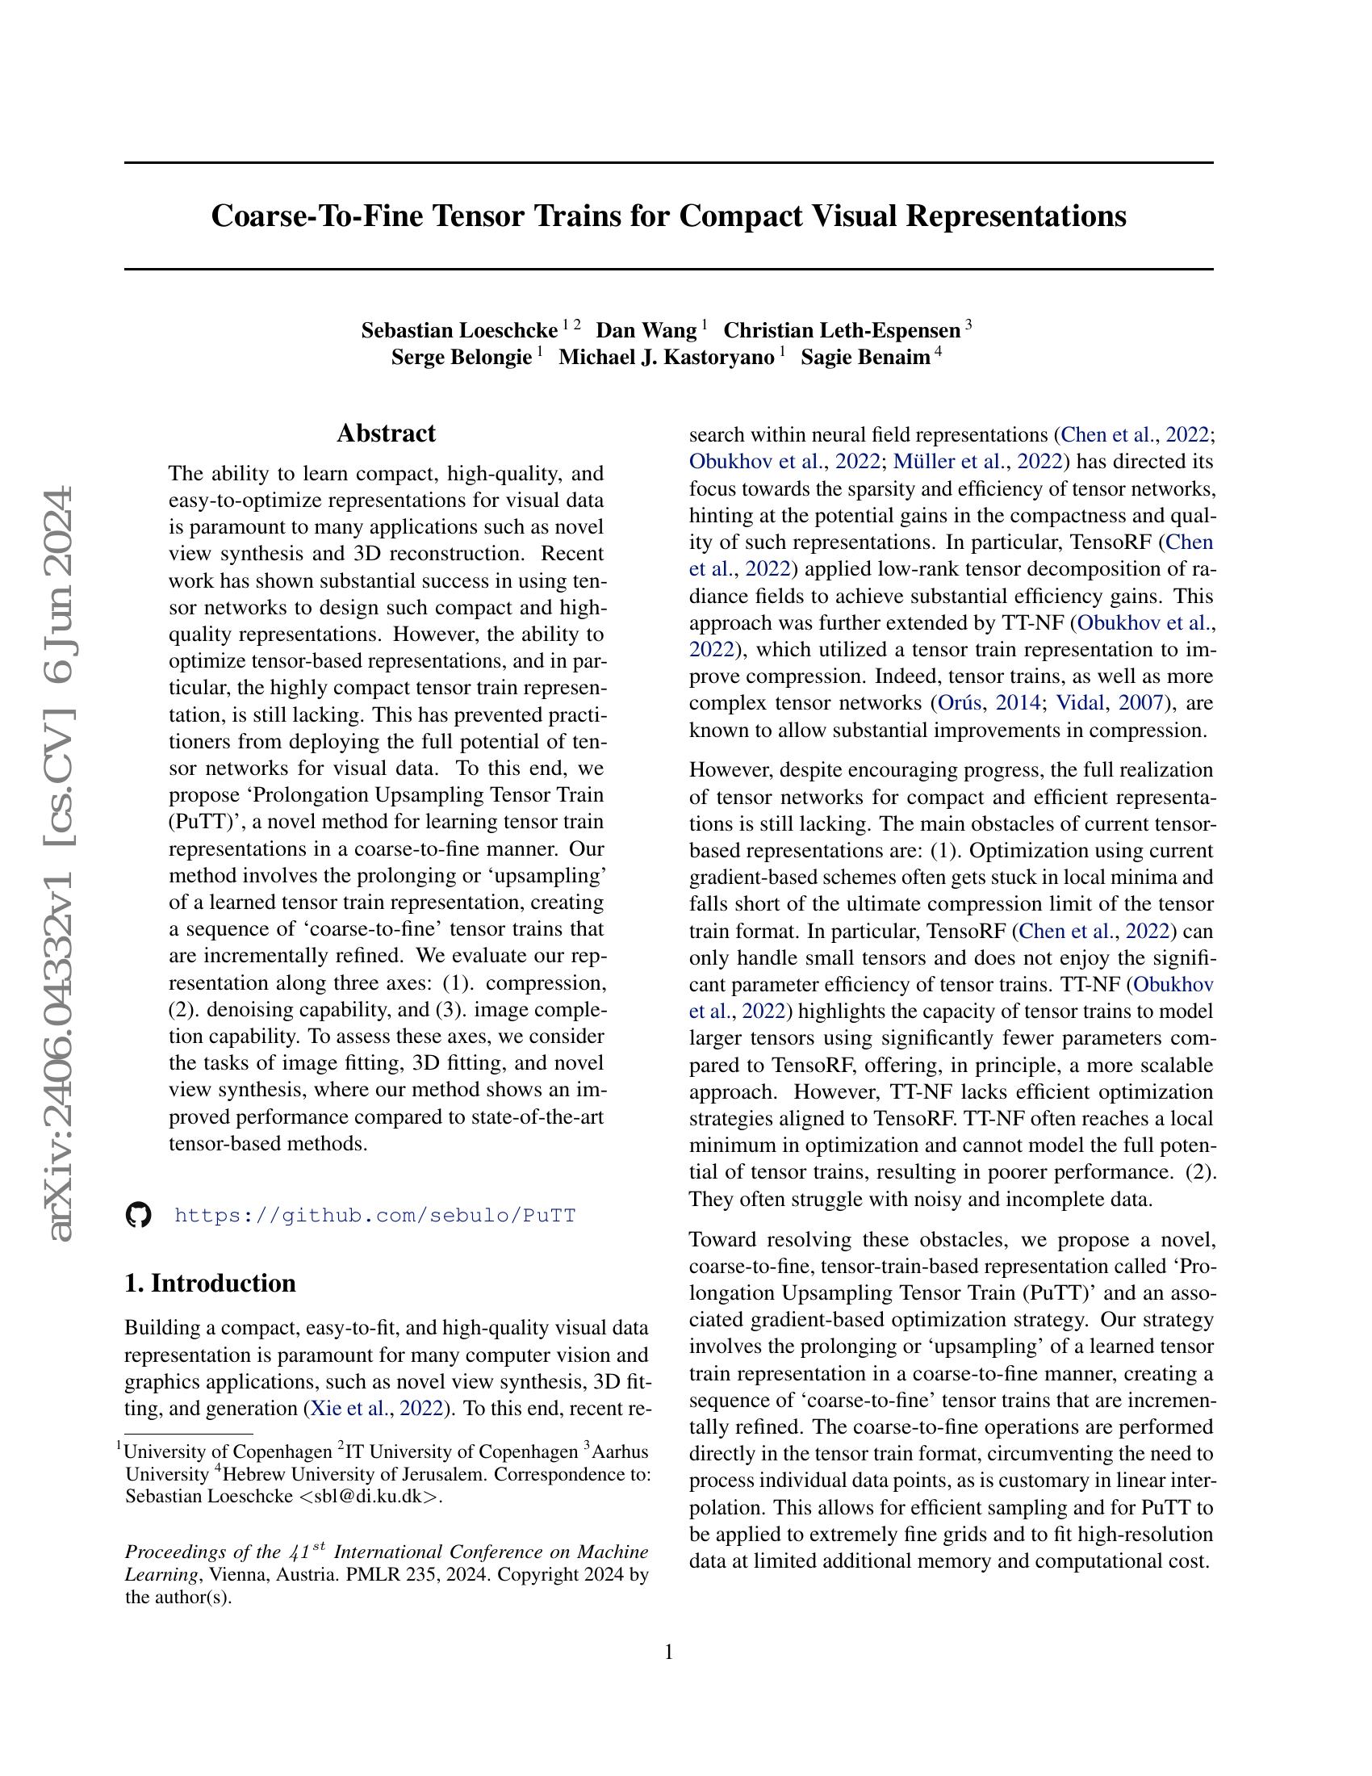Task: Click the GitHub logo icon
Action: pyautogui.click(x=139, y=1216)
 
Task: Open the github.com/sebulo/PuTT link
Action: pyautogui.click(x=374, y=1216)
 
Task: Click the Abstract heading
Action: pyautogui.click(x=386, y=433)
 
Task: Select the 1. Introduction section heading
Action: pyautogui.click(x=210, y=1284)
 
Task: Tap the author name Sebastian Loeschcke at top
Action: pyautogui.click(x=459, y=331)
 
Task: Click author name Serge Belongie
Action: pyautogui.click(x=461, y=358)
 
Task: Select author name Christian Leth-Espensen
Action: pyautogui.click(x=842, y=331)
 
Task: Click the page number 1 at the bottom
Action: pyautogui.click(x=669, y=1652)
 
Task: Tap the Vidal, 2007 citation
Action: pyautogui.click(x=1111, y=703)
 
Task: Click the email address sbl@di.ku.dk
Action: pyautogui.click(x=369, y=1497)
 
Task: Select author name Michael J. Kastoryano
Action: pyautogui.click(x=667, y=358)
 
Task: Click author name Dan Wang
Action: pyautogui.click(x=646, y=331)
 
